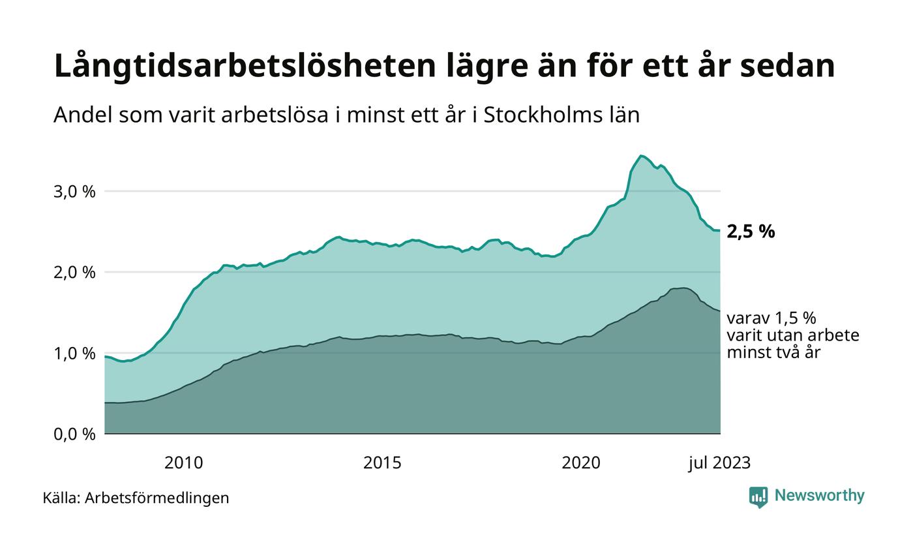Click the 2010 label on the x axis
pyautogui.click(x=183, y=463)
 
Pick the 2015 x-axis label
pyautogui.click(x=382, y=463)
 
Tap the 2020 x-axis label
pyautogui.click(x=581, y=463)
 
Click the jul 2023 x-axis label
pyautogui.click(x=720, y=463)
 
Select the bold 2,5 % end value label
pyautogui.click(x=751, y=232)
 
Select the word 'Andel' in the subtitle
pyautogui.click(x=77, y=115)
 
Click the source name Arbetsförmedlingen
pyautogui.click(x=157, y=498)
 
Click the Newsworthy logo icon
pyautogui.click(x=758, y=497)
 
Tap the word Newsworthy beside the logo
pyautogui.click(x=819, y=496)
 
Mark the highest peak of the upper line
pyautogui.click(x=641, y=155)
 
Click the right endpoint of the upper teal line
pyautogui.click(x=720, y=230)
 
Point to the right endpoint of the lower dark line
pyautogui.click(x=720, y=311)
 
